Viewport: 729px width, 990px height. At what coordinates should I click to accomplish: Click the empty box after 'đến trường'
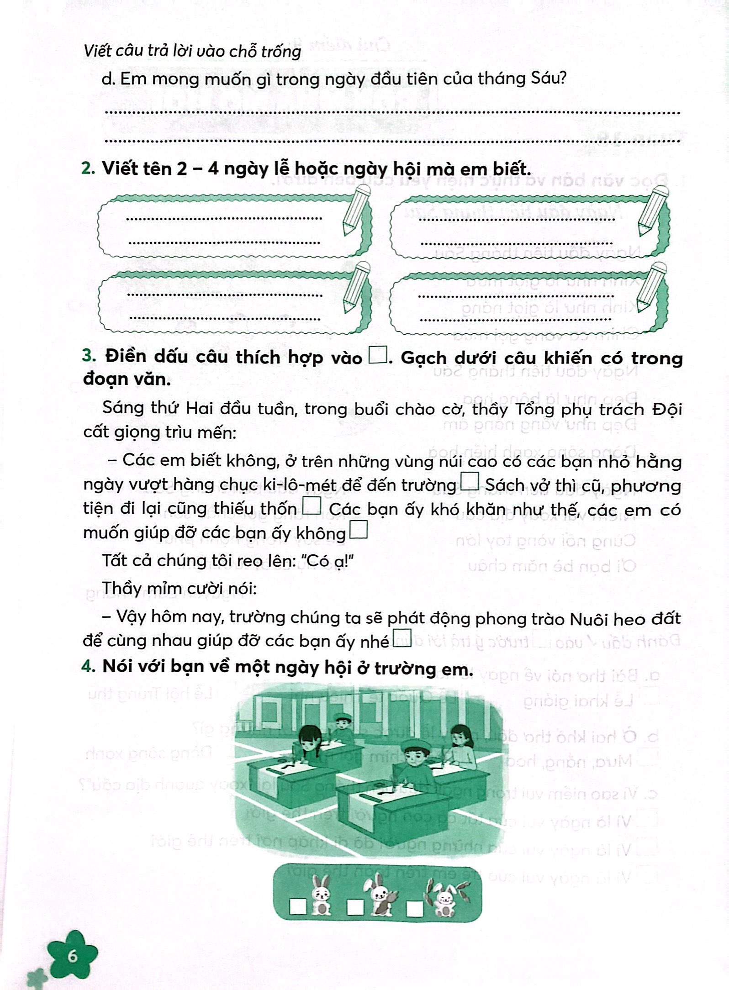470,482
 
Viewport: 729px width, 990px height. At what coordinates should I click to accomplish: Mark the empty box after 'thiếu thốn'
312,506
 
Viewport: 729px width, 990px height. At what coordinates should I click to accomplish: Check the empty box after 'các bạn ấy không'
359,531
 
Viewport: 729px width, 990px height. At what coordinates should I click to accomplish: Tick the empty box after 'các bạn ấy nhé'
402,638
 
